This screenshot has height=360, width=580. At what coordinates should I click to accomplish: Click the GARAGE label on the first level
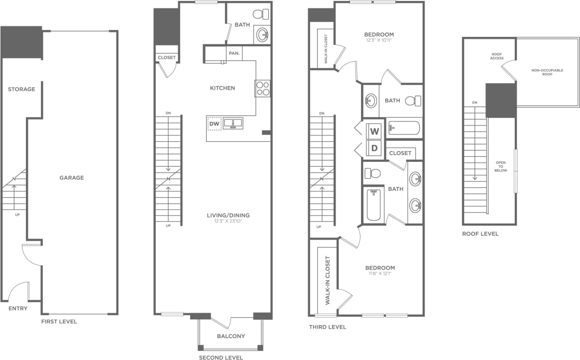72,178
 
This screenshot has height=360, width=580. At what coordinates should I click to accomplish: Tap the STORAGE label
21,90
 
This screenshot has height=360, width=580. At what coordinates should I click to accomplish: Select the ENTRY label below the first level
18,309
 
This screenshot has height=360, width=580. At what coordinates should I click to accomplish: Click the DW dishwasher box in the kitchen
214,123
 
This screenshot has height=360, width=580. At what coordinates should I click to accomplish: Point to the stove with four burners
262,88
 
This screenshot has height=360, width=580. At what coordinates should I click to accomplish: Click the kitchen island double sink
232,122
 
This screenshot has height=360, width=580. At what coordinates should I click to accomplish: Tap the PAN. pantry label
233,53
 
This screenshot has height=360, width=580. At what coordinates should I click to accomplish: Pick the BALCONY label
231,336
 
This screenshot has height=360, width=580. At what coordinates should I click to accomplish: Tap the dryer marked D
374,148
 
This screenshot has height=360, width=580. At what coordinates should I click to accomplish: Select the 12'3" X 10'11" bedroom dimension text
379,40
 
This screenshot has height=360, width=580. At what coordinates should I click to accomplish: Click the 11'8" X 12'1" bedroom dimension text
380,274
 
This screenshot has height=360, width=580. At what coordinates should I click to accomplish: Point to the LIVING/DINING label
228,216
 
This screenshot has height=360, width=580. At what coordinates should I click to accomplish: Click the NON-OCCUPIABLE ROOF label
547,72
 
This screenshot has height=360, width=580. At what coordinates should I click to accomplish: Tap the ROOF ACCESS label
497,56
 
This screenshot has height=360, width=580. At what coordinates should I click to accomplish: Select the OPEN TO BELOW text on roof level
501,166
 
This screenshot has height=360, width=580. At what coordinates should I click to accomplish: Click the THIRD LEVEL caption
327,327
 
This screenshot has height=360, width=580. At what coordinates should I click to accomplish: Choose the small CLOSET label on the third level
400,153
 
